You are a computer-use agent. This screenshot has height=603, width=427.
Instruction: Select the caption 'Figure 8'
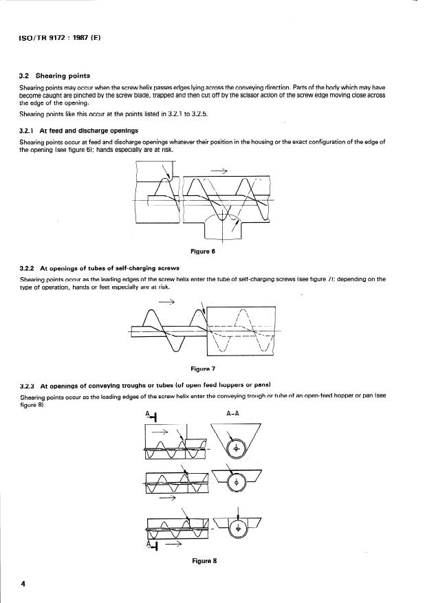pyautogui.click(x=205, y=561)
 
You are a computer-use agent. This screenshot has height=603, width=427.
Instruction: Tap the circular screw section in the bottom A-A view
pyautogui.click(x=238, y=529)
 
